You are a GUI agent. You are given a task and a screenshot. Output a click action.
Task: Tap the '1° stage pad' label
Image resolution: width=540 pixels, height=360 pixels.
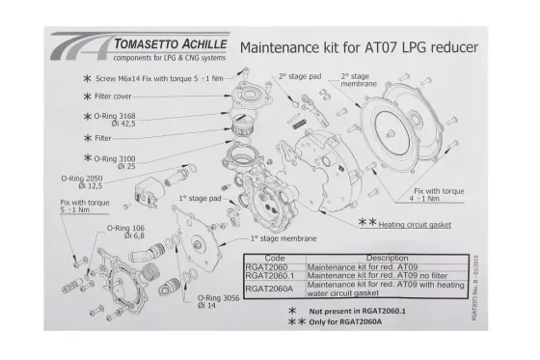(x=200, y=198)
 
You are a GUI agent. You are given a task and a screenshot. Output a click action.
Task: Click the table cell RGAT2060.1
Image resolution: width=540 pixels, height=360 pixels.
(x=274, y=274)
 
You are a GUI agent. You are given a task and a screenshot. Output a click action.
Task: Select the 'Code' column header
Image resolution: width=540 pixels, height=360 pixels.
(x=274, y=259)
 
